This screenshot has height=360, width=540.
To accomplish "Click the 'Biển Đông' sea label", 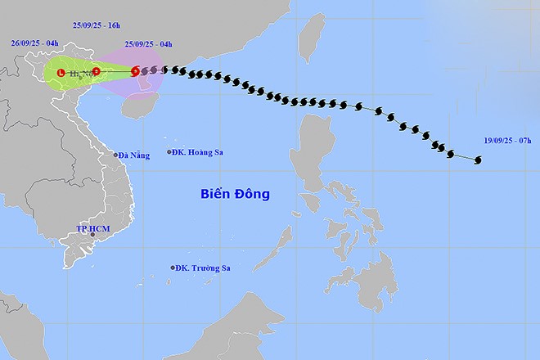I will tap(235, 194).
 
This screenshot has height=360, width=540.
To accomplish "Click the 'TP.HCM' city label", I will tap(92, 227).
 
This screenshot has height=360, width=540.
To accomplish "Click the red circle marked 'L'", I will tap(61, 74).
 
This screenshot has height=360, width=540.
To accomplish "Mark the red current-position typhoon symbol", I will tap(135, 72).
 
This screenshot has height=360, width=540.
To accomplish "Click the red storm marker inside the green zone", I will tap(97, 71).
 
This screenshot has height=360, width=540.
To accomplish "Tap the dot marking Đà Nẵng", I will tap(115, 155).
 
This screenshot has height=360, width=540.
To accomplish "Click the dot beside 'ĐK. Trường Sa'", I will tap(173, 268).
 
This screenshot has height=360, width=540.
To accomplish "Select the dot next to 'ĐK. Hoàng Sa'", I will tap(169, 152).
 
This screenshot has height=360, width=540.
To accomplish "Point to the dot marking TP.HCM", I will tap(92, 236).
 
